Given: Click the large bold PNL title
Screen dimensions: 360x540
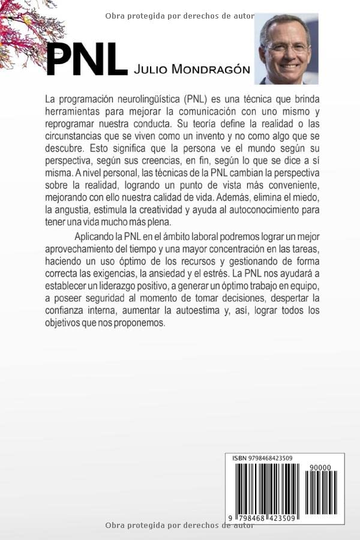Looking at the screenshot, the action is pos(87,60).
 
